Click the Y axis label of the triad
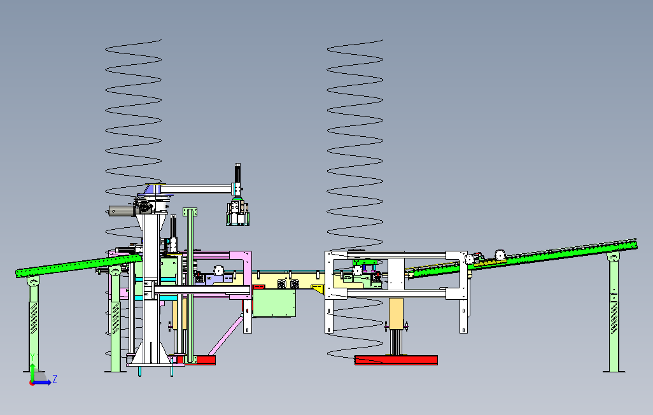(32, 358)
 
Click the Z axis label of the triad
(55, 379)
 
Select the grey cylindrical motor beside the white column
(122, 211)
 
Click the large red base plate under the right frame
(396, 360)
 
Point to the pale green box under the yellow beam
(274, 303)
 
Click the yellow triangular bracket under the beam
(318, 289)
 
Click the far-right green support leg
(614, 312)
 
